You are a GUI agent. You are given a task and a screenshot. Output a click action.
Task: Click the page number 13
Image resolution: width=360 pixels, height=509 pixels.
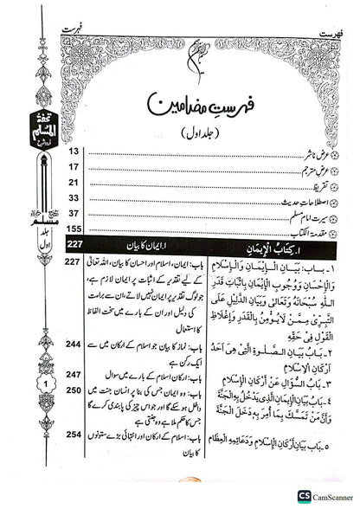click(73, 150)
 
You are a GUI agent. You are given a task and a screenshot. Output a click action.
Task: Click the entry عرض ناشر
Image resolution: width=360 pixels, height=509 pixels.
click(303, 150)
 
